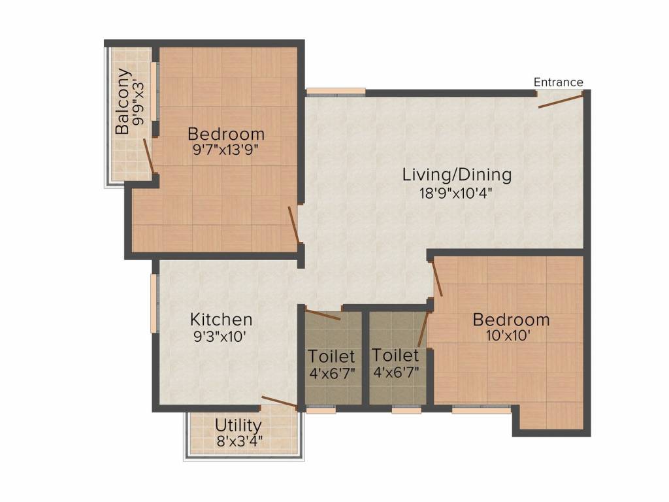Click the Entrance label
[559, 82]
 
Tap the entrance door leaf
[561, 101]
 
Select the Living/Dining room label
[457, 175]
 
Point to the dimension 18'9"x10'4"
[457, 193]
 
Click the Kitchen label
[221, 319]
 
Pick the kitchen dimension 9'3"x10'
[220, 337]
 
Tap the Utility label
[238, 426]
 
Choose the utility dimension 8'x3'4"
[239, 441]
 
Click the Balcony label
[123, 101]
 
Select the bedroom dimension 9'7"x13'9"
[226, 150]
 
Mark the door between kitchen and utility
[279, 402]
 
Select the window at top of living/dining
[336, 92]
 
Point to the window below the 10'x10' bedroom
[481, 409]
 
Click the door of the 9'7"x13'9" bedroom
[293, 225]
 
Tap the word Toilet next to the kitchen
[331, 356]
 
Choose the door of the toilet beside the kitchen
[323, 314]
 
